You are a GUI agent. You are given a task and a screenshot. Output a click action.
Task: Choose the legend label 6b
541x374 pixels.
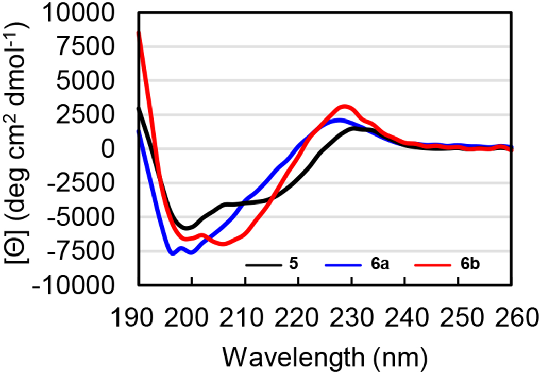[472, 266]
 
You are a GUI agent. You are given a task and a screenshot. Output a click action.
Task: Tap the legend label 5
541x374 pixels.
[294, 266]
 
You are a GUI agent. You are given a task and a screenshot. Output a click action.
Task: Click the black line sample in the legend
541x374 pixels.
[262, 266]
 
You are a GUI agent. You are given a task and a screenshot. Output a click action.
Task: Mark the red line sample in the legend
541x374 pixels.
[434, 266]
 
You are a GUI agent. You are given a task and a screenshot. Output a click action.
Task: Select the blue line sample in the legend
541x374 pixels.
[344, 266]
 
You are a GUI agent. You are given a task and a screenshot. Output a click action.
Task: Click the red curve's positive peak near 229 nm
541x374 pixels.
[346, 107]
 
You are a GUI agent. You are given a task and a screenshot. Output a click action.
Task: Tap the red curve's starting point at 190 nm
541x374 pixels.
[138, 33]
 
